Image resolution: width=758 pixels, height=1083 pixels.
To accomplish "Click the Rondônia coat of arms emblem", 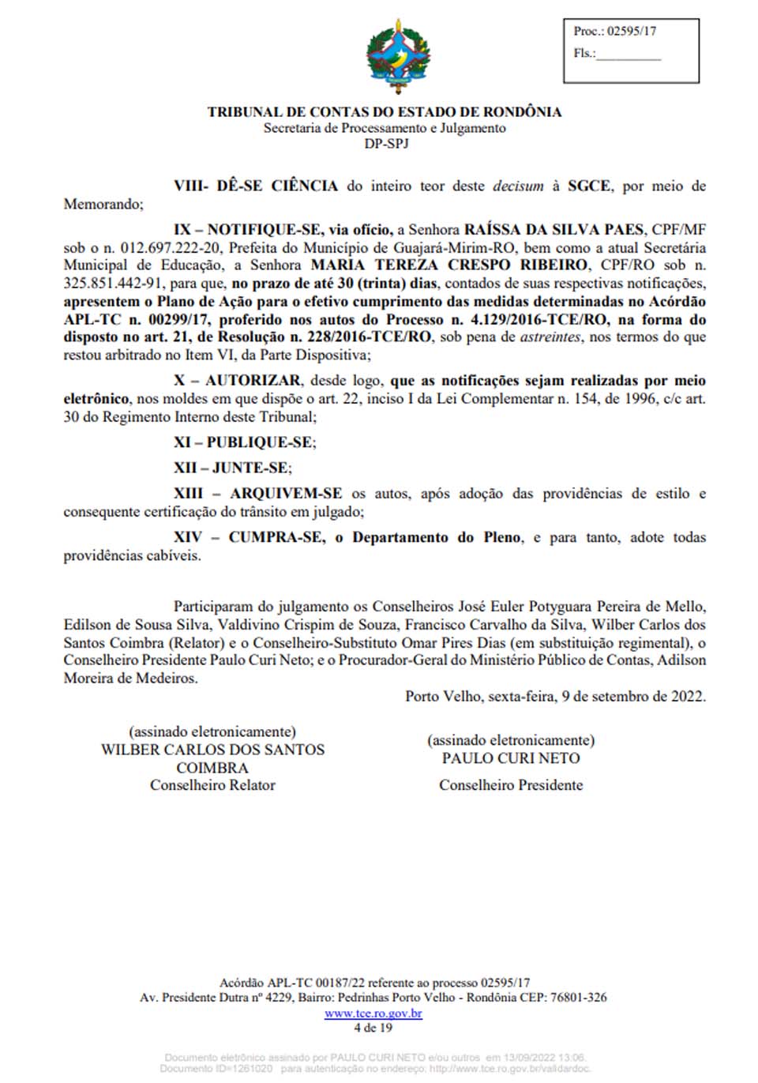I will coord(398,57).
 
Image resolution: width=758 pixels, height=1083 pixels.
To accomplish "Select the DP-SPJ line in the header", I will coord(386,144).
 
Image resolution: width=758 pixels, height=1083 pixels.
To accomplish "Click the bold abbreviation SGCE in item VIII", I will coord(588,186).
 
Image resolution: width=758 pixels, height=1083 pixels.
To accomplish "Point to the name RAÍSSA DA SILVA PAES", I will coord(553,230).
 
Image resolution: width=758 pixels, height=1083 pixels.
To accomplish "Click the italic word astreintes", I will coord(550,337).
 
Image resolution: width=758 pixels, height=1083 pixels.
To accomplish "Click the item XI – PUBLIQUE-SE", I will coord(245,442).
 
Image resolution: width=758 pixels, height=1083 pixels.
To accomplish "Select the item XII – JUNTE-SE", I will coord(233,468).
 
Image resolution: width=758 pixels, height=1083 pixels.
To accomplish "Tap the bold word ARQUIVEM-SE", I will coord(286,494).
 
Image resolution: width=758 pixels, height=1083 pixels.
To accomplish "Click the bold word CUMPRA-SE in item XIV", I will coord(276,537).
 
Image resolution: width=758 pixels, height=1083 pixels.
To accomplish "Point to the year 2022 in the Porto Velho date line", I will coord(688,697).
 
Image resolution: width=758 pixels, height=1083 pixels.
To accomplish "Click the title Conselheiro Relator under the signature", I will coord(212,785).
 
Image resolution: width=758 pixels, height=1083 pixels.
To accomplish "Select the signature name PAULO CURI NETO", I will coord(511,758).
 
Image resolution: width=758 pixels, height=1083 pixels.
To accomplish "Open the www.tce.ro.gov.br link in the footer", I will coord(373,1013).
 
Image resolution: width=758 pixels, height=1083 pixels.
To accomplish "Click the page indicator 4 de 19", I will coord(373,1028).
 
